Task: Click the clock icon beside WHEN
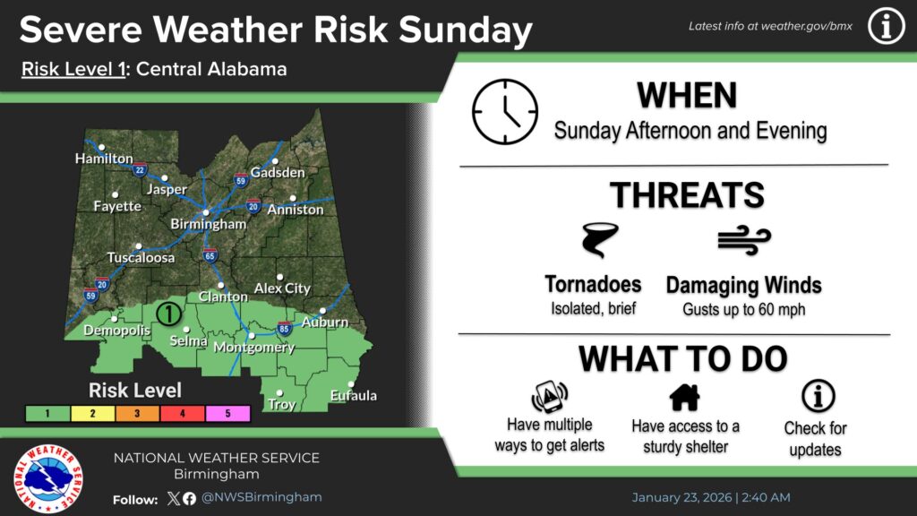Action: tap(505, 112)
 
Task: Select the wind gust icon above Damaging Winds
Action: tap(743, 240)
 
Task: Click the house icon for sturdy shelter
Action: tap(684, 396)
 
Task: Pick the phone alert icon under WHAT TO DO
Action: tap(550, 396)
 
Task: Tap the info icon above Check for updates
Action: tap(817, 396)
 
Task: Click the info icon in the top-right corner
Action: tap(886, 27)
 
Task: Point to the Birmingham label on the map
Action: tap(208, 224)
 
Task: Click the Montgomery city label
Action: tap(259, 348)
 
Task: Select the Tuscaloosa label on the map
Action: tap(141, 258)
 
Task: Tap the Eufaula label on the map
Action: tap(353, 395)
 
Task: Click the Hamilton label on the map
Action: tap(104, 159)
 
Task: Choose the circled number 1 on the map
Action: tap(168, 314)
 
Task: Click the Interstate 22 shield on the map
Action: tap(139, 168)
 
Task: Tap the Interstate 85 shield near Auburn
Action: tap(283, 329)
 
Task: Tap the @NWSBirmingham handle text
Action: tap(261, 498)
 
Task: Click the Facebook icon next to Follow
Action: tap(189, 499)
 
